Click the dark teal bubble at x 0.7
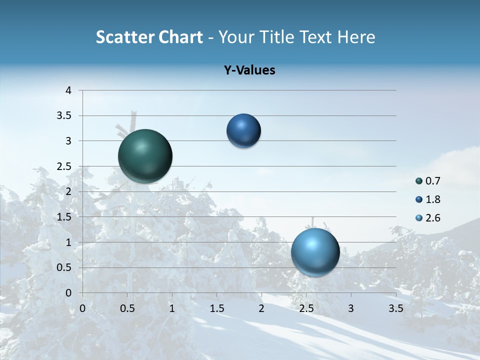point(145,156)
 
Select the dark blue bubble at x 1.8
point(243,130)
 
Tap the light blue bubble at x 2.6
point(315,252)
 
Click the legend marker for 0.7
point(419,181)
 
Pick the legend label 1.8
point(432,199)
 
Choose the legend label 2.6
point(432,218)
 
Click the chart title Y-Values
point(249,70)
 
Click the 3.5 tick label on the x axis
point(395,308)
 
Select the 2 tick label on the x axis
point(261,308)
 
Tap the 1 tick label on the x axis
point(172,308)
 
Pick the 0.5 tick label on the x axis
point(127,308)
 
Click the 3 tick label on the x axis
point(351,308)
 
